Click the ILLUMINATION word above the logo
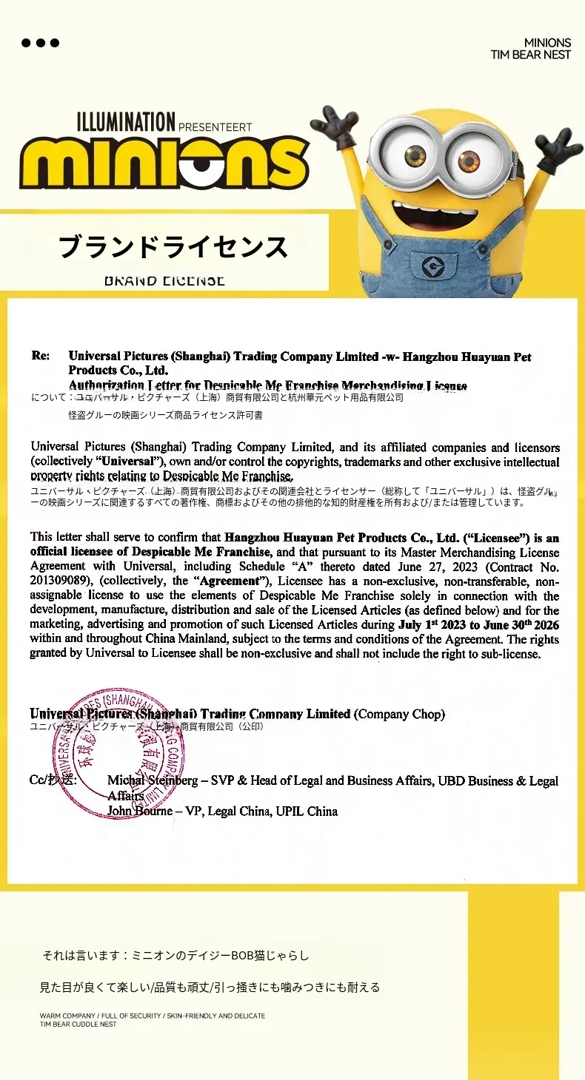pos(126,122)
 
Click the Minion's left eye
pos(416,155)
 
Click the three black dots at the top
pos(40,43)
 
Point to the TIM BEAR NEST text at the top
pos(530,55)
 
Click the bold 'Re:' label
pos(41,356)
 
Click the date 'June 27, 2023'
pos(438,567)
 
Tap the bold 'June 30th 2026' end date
pos(521,625)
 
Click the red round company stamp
pos(119,753)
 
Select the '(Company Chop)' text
pos(400,714)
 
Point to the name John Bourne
pos(141,811)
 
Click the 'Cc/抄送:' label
pos(53,780)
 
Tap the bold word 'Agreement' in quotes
pos(231,581)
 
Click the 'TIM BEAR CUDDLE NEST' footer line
pos(78,1025)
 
